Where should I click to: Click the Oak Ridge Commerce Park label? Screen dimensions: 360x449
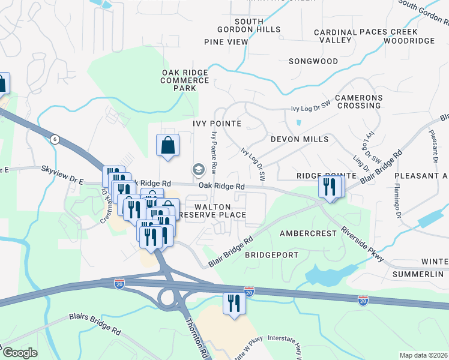[x=184, y=80]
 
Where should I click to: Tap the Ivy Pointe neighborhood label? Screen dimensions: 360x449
[x=217, y=124]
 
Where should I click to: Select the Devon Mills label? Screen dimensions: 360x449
[x=300, y=139]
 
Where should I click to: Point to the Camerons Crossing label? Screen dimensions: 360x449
[x=359, y=101]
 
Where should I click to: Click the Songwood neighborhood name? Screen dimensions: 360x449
[x=313, y=61]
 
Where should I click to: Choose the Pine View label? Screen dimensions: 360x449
[x=226, y=42]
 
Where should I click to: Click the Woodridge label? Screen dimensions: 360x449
[x=409, y=41]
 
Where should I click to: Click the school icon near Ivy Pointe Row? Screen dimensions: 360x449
[x=197, y=170]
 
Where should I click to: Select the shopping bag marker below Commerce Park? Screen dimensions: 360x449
[x=167, y=146]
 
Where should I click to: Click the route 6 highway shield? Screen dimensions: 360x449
[x=55, y=139]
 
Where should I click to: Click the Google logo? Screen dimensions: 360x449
[x=20, y=353]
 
